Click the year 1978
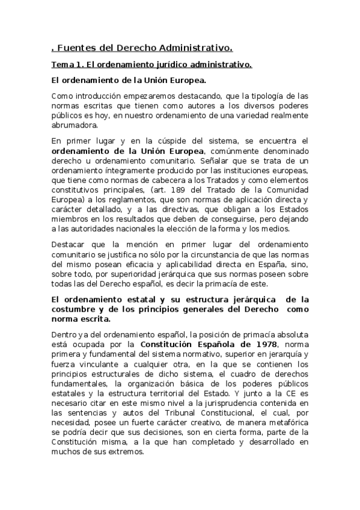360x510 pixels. coord(264,344)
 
